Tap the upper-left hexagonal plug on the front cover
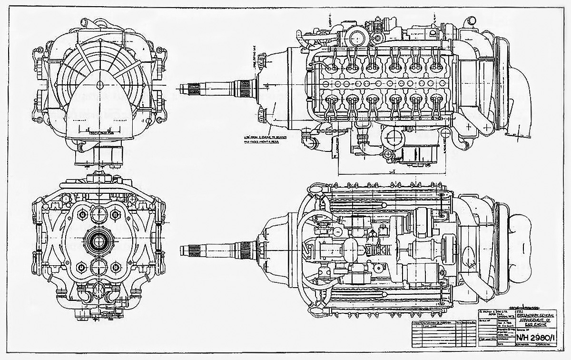click(x=84, y=215)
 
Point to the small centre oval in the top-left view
click(x=100, y=85)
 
